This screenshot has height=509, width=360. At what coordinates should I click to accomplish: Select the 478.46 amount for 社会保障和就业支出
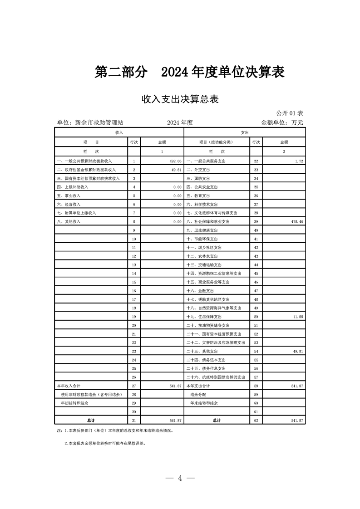click(x=296, y=221)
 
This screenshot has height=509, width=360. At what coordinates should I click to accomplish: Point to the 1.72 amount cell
click(x=299, y=161)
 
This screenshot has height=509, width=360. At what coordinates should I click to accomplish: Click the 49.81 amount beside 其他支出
click(x=297, y=351)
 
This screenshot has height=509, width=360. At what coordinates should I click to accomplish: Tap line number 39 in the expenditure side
click(x=256, y=221)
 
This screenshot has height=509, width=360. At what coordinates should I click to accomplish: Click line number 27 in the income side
click(x=134, y=385)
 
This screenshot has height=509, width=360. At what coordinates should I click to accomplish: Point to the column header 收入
click(x=119, y=132)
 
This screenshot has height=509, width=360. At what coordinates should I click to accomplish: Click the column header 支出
click(x=245, y=132)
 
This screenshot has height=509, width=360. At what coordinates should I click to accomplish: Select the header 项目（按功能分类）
click(x=217, y=142)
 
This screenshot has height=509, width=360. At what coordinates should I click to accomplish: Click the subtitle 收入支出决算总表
click(x=180, y=99)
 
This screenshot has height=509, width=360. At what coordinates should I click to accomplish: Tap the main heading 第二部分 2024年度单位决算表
click(x=190, y=72)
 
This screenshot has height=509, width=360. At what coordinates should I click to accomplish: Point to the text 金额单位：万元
click(x=281, y=122)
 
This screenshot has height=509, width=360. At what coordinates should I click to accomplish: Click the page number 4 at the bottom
click(x=180, y=478)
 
